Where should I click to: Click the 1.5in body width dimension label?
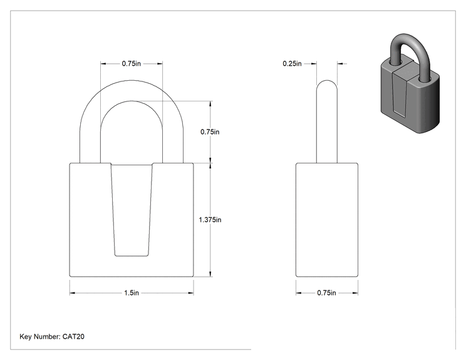(x=132, y=293)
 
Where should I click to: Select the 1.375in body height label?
(x=210, y=220)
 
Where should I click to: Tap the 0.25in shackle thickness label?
(x=292, y=64)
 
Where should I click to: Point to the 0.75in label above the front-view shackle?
(x=132, y=64)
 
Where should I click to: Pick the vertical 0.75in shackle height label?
(x=210, y=132)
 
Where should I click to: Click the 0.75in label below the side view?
(x=326, y=293)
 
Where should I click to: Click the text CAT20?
(x=73, y=337)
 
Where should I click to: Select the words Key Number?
(x=40, y=337)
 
